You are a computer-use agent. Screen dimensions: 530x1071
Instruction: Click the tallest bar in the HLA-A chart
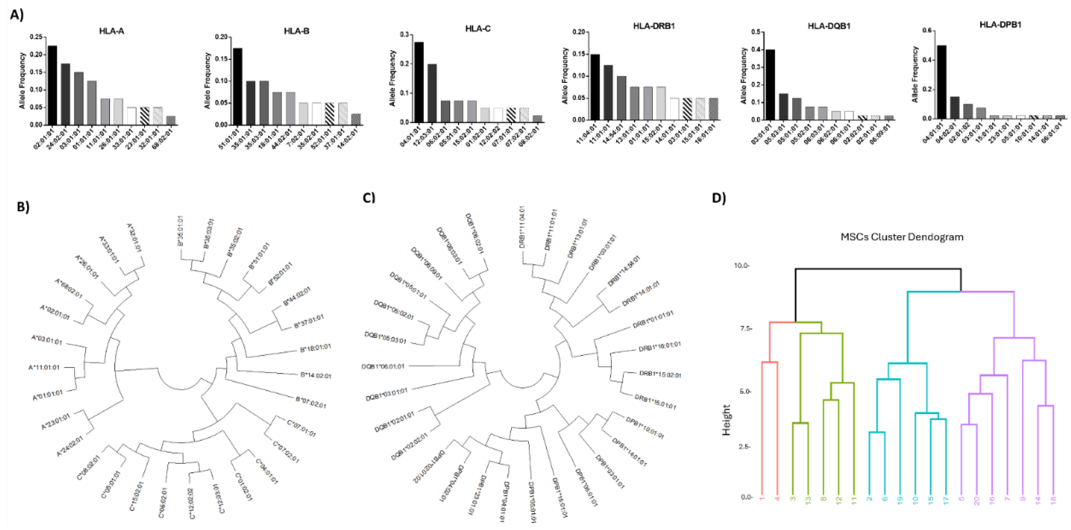point(52,85)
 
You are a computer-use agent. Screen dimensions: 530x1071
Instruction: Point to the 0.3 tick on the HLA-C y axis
point(404,34)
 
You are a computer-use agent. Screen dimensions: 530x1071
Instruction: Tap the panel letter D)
point(719,198)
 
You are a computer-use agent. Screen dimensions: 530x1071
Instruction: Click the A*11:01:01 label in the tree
point(44,368)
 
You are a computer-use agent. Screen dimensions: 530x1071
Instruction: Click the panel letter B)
point(23,207)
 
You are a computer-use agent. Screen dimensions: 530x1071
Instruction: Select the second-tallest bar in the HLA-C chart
point(432,93)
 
